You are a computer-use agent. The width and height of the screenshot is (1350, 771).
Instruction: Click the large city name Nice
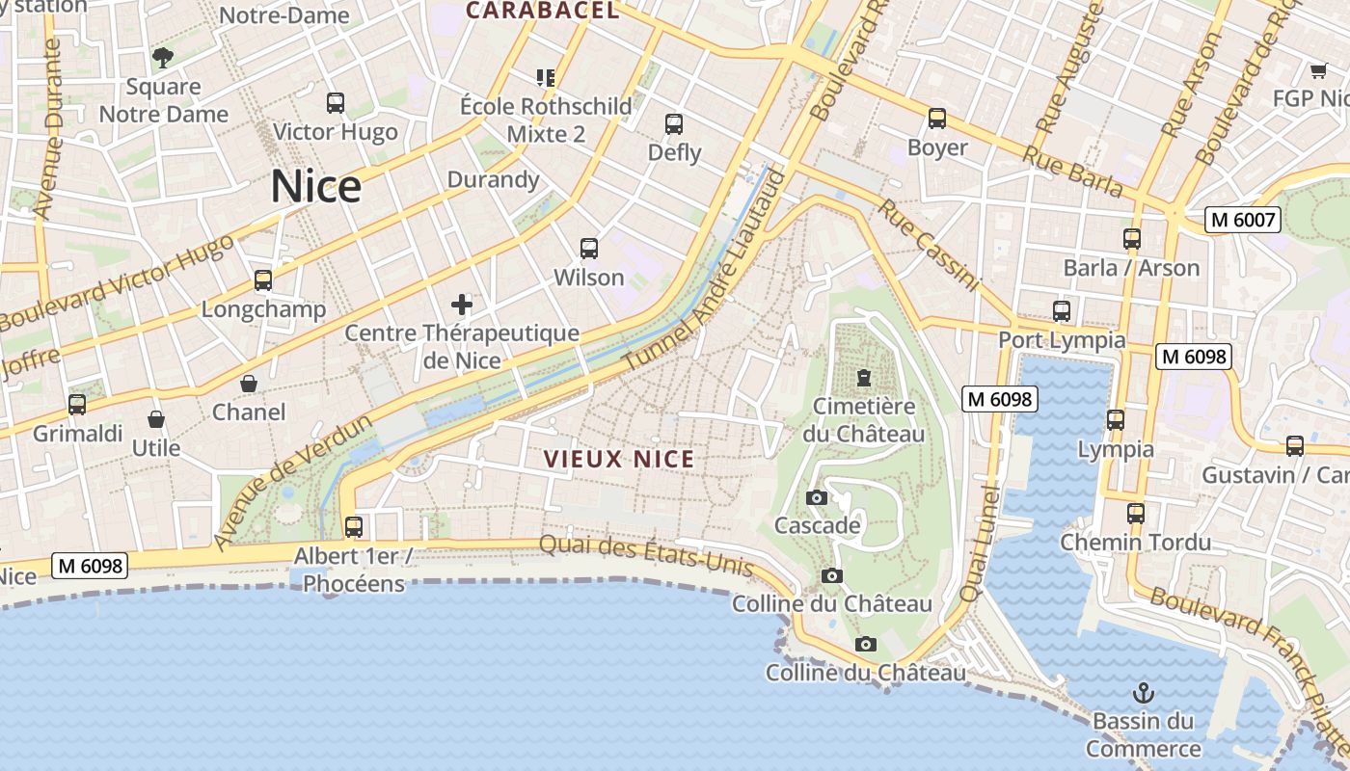coord(315,187)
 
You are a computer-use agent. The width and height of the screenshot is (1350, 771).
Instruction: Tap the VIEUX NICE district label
coord(619,459)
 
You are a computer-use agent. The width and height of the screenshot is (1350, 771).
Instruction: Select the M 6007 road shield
coord(1243,220)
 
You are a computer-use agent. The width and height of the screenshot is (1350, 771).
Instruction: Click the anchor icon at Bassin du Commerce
coord(1143,693)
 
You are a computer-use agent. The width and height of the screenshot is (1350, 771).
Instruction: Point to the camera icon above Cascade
coord(817,497)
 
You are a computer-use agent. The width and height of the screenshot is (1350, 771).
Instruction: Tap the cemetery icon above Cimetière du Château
coord(863,377)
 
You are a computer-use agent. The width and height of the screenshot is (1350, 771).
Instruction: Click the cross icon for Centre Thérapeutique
coord(462,306)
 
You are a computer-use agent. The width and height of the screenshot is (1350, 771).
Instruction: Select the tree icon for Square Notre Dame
coord(163,57)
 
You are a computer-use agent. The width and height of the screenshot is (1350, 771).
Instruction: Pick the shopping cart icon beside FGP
coord(1318,69)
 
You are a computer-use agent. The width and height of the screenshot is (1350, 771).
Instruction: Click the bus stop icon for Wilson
coord(589,249)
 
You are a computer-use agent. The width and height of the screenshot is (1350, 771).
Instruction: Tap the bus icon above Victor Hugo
coord(336,102)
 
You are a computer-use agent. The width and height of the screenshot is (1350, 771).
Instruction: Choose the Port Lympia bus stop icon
coord(1062,311)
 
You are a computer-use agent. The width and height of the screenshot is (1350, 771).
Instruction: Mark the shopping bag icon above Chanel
coord(249,384)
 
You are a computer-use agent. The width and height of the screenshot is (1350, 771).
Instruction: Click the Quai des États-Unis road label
coord(645,555)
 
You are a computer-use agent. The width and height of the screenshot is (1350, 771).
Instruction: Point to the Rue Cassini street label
coord(928,246)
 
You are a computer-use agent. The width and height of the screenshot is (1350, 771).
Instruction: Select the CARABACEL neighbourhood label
coord(542,11)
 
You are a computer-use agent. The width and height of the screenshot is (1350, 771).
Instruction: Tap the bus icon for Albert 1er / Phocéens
coord(354,527)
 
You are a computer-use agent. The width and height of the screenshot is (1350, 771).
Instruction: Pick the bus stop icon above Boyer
coord(937,119)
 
